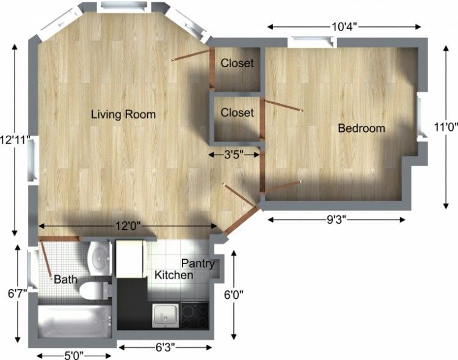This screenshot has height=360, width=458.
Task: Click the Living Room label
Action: (123, 114)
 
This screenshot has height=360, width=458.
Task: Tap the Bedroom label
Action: (362, 128)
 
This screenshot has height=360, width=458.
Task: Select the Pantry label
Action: (198, 263)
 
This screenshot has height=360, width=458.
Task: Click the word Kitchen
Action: (174, 275)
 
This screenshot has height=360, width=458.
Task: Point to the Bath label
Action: (66, 279)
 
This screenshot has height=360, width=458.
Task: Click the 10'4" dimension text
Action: (344, 27)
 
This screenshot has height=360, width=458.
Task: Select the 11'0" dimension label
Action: (445, 127)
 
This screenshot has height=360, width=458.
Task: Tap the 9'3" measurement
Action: (336, 219)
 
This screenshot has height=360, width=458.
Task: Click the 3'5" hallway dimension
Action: (234, 155)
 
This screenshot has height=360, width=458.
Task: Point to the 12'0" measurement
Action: (128, 226)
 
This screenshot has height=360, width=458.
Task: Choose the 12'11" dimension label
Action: (15, 140)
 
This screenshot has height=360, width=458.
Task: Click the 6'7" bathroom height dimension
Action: (18, 293)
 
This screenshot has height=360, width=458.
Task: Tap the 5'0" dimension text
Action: (74, 356)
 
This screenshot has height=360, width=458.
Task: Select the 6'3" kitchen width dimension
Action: (165, 347)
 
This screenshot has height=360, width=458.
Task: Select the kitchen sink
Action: (165, 315)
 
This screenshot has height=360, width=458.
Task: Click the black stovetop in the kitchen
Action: (195, 316)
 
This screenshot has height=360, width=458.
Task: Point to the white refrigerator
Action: (131, 259)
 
